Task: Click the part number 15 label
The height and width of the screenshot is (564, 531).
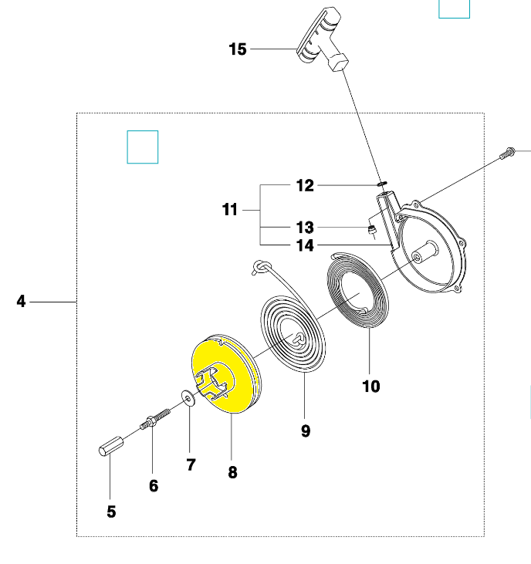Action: [238, 49]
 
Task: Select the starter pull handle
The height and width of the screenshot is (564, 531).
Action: [322, 39]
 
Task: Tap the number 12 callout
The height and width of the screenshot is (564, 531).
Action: [305, 186]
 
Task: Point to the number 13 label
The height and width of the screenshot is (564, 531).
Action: [305, 228]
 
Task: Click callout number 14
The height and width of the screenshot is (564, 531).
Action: [305, 245]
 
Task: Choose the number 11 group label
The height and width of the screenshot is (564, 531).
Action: [230, 209]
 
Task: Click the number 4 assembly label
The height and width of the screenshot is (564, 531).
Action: [22, 302]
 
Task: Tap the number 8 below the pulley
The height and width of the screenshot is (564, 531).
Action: [233, 472]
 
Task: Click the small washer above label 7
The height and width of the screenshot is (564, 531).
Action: [188, 397]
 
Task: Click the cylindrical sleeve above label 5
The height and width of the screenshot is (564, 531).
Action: [111, 447]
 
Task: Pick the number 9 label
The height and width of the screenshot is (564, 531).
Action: [306, 431]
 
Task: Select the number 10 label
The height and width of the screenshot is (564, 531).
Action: [371, 387]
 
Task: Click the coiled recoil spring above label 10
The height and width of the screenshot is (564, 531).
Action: [357, 290]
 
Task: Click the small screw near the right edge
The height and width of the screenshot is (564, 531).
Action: [507, 154]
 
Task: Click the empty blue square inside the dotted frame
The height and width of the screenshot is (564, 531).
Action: [143, 147]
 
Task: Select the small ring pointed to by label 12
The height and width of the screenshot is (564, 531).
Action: [382, 184]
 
